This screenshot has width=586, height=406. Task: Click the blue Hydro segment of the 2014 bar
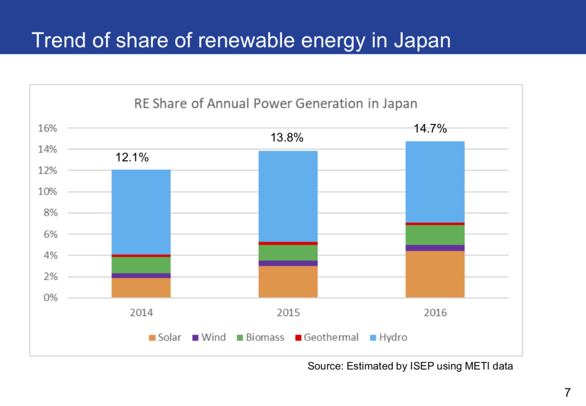(x=141, y=212)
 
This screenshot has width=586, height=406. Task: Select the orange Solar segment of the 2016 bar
(x=435, y=274)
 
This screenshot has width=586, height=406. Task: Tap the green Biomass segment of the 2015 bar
(x=288, y=253)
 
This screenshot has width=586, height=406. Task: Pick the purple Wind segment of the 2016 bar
(x=435, y=248)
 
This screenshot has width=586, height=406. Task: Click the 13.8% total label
(x=287, y=138)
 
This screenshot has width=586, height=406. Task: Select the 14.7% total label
(x=430, y=129)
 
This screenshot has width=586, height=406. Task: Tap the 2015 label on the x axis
(x=288, y=313)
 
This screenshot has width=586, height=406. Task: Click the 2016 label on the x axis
(x=435, y=313)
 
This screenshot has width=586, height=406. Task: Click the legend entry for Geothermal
(x=326, y=337)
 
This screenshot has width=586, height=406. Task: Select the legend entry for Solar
(x=165, y=337)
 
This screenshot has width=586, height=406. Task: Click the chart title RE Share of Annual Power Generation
(x=275, y=104)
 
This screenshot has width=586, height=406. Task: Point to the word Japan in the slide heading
(x=422, y=41)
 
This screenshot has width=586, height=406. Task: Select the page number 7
(x=567, y=392)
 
